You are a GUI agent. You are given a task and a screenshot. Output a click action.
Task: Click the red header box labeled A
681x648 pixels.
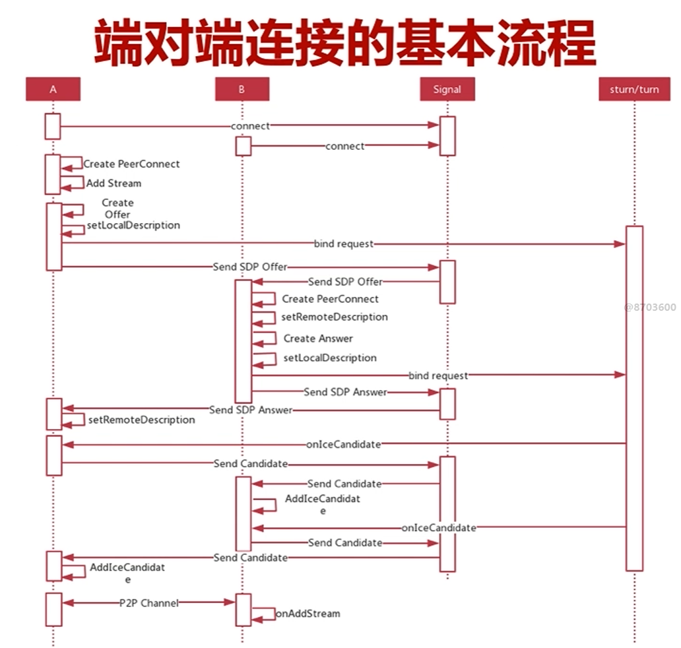pyautogui.click(x=53, y=90)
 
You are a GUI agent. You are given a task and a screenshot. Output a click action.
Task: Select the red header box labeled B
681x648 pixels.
pyautogui.click(x=242, y=90)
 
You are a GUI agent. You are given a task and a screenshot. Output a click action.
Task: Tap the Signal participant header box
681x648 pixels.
pyautogui.click(x=447, y=90)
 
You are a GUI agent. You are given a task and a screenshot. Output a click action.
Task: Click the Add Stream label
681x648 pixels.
pyautogui.click(x=113, y=183)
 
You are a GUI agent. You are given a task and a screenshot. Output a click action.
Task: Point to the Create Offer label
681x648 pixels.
pyautogui.click(x=117, y=209)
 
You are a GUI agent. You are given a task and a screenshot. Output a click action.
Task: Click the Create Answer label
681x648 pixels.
pyautogui.click(x=318, y=339)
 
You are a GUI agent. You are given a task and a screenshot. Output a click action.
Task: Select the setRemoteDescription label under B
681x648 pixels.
pyautogui.click(x=335, y=317)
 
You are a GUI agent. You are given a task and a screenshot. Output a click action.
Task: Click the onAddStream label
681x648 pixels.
pyautogui.click(x=308, y=614)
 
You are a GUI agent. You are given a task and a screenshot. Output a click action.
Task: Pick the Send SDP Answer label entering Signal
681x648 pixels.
pyautogui.click(x=345, y=392)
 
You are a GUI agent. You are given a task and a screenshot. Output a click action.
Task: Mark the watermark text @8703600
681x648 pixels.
pyautogui.click(x=650, y=307)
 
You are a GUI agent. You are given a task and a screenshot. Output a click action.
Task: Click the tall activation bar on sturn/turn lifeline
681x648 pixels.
pyautogui.click(x=634, y=396)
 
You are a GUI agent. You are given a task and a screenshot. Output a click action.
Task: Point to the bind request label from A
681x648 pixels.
pyautogui.click(x=343, y=244)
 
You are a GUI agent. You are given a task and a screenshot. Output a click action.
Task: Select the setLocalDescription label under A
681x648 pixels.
pyautogui.click(x=133, y=226)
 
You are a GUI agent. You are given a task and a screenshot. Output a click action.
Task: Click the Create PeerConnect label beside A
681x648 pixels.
pyautogui.click(x=131, y=164)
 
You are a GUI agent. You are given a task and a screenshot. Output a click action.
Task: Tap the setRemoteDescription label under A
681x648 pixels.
pyautogui.click(x=142, y=420)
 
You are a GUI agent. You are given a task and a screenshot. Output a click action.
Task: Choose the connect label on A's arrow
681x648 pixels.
pyautogui.click(x=250, y=125)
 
